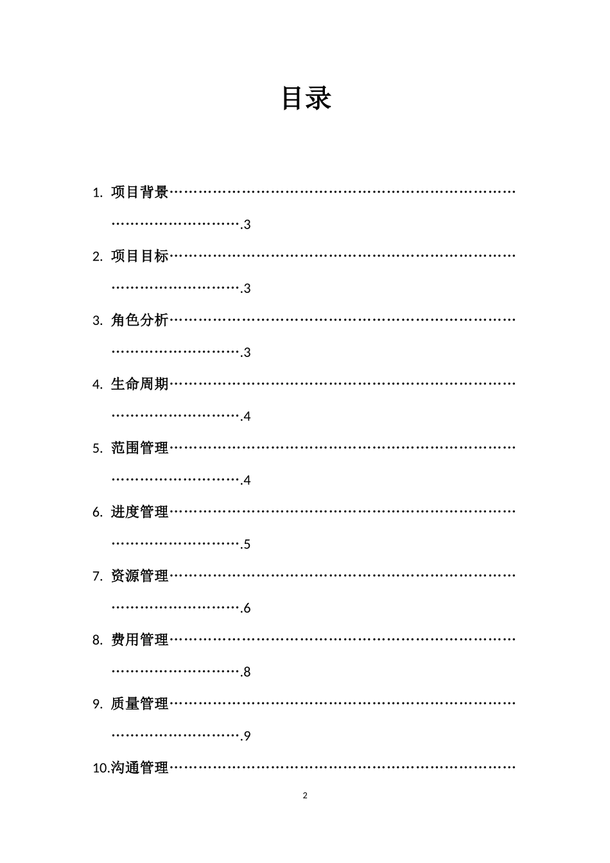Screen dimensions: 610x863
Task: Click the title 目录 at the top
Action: coord(306,98)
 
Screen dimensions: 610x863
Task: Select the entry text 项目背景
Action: coord(139,192)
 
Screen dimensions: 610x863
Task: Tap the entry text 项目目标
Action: coord(139,256)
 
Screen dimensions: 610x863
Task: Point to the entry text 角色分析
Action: coord(139,320)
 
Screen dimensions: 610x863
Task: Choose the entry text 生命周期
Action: coord(139,384)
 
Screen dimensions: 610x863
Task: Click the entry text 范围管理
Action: coord(139,448)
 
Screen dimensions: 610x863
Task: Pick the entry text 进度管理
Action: coord(139,512)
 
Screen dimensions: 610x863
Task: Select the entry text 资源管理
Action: coord(139,576)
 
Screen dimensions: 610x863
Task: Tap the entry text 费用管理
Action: coord(139,640)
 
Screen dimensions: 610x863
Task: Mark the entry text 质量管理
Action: coord(139,704)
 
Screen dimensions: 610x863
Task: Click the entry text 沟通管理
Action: coord(139,768)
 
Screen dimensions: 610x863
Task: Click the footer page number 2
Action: coord(305,796)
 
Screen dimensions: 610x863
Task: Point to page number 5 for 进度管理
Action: coord(247,545)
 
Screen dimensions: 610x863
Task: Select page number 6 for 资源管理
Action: coord(247,608)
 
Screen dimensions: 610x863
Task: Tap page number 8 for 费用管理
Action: coord(247,672)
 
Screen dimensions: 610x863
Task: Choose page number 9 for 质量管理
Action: coord(247,737)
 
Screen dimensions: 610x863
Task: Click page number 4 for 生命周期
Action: coord(247,417)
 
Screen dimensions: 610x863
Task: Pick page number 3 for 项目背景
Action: coord(247,225)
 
